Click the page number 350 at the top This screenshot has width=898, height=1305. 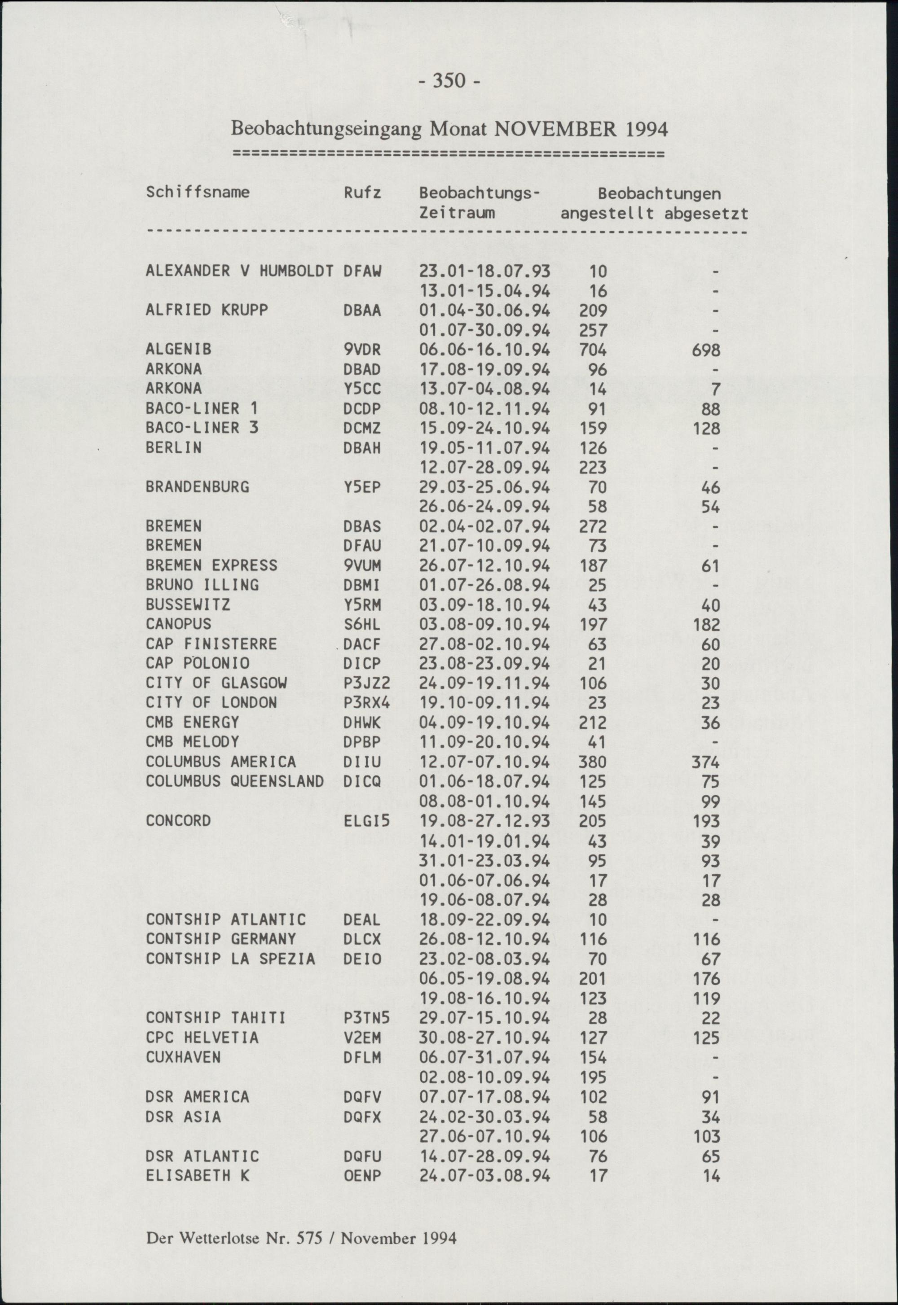point(449,82)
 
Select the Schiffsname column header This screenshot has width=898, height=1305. point(197,193)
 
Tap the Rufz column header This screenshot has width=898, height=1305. point(362,193)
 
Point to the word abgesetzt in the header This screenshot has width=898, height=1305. point(706,214)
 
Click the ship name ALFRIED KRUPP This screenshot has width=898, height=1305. point(207,311)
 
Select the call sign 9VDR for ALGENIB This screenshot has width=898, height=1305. point(362,350)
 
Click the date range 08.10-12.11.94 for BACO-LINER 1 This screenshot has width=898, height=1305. point(484,409)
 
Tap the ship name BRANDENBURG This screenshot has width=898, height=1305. point(197,487)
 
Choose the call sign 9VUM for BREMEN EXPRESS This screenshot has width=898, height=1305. point(362,565)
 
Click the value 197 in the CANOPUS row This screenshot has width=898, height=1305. point(593,625)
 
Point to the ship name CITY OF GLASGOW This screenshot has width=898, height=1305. point(216,683)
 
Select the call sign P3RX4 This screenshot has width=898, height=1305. point(366,703)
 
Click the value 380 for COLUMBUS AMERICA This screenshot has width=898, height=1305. point(593,762)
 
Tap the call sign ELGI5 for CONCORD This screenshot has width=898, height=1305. point(366,821)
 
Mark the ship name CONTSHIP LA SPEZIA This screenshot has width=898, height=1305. point(230,959)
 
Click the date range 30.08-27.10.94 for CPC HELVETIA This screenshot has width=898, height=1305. point(484,1038)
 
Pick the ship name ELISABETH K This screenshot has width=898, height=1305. point(197,1176)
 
